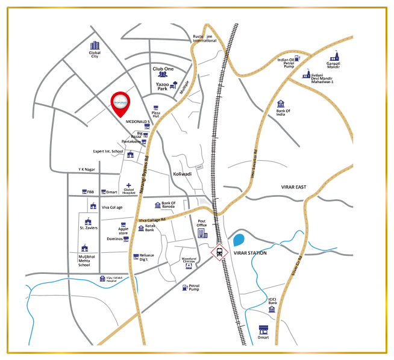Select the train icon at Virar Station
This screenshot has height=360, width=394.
(x=218, y=253)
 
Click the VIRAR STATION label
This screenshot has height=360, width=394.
(x=250, y=253)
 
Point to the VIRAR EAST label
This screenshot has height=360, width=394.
(x=294, y=187)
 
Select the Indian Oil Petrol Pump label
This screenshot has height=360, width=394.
(x=286, y=63)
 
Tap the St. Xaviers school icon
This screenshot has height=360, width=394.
(x=89, y=221)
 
